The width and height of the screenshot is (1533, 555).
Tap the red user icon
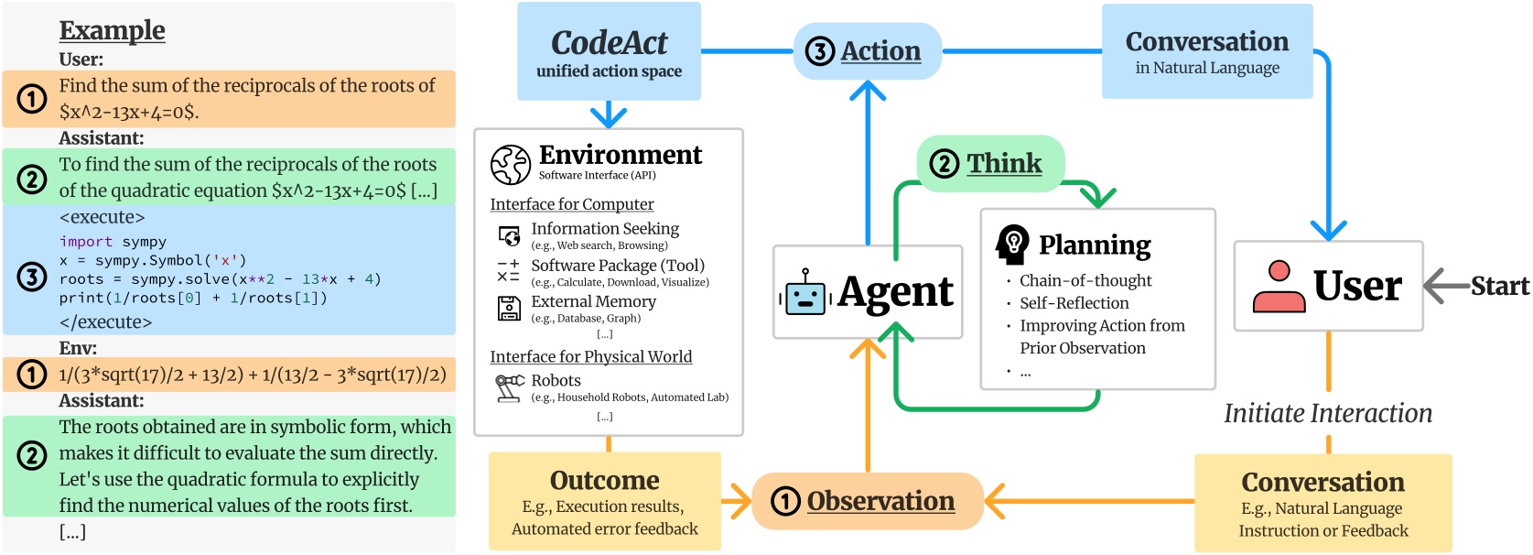[x=1279, y=286]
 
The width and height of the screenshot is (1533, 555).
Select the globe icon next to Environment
[x=510, y=165]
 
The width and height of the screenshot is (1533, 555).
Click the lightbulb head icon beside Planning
[x=1012, y=245]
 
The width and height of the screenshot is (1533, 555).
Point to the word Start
[x=1499, y=286]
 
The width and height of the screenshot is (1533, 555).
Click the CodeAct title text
[x=609, y=43]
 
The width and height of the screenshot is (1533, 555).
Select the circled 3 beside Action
[x=819, y=51]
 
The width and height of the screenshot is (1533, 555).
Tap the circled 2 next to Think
[x=944, y=164]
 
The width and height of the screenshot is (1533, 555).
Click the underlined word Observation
[x=880, y=501]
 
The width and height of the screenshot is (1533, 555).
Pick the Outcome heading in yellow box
[x=604, y=480]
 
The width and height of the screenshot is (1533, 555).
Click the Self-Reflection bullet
[x=1074, y=303]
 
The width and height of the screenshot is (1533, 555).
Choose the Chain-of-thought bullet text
[x=1085, y=280]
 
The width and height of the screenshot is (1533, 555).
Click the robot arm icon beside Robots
[x=509, y=387]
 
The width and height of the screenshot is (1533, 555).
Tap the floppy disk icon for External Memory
[x=509, y=309]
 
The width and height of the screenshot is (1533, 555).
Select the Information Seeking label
[x=605, y=228]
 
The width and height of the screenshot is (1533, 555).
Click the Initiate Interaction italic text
[x=1327, y=413]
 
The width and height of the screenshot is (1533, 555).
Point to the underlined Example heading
[x=112, y=30]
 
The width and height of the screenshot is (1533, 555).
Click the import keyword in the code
[x=85, y=242]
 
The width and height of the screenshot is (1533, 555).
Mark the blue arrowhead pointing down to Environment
[x=609, y=117]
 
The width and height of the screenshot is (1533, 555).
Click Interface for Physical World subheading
[x=590, y=356]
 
